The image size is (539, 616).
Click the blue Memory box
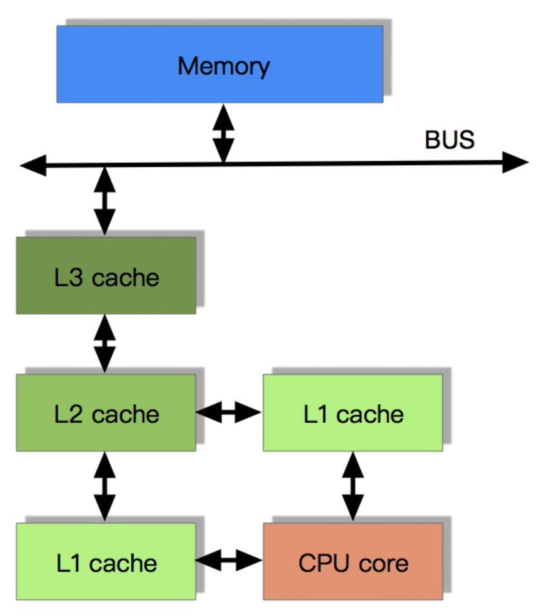click(x=220, y=65)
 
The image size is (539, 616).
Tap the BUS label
click(x=450, y=140)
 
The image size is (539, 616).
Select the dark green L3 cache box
click(x=106, y=276)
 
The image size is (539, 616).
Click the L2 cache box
click(x=106, y=413)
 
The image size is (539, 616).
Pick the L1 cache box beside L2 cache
click(x=353, y=413)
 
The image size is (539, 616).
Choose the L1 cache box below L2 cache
click(x=106, y=562)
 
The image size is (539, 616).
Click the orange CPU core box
click(x=353, y=562)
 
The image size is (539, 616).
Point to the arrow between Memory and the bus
click(x=224, y=134)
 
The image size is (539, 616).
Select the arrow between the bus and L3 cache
click(x=105, y=201)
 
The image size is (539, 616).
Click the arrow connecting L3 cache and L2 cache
click(x=105, y=344)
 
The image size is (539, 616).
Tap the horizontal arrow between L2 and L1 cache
click(x=229, y=412)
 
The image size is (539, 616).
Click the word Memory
click(x=224, y=66)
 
